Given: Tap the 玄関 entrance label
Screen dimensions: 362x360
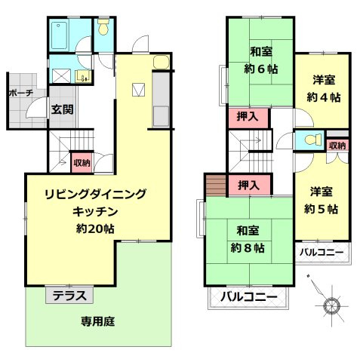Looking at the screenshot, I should point(62,109).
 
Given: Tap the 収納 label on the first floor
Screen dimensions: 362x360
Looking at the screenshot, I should point(82,162).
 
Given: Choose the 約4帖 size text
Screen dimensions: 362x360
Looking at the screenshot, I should point(324,97).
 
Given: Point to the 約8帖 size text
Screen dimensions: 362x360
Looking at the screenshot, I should point(248,247).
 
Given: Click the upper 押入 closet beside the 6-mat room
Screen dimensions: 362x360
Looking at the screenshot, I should point(248,117).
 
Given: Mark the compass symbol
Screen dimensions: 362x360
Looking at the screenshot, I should point(331,305).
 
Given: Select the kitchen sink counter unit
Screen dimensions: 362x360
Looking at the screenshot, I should point(161,100).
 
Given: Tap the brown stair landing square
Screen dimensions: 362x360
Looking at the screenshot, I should point(215,185).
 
